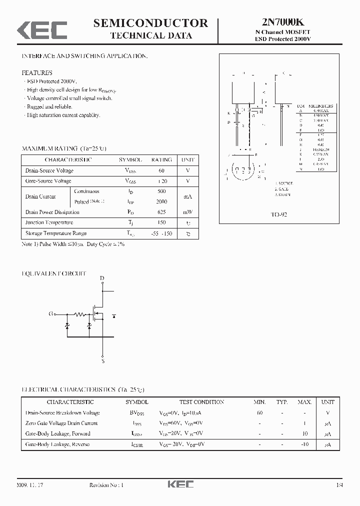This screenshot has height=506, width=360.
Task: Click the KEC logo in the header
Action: [x=42, y=29]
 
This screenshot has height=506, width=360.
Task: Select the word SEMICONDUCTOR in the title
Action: [x=150, y=22]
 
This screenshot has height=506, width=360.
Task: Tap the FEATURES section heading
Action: [x=37, y=72]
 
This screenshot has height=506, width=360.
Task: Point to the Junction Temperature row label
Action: [x=49, y=222]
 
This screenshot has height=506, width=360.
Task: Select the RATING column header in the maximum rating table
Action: [x=161, y=160]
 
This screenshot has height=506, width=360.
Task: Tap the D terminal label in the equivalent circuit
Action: [x=102, y=278]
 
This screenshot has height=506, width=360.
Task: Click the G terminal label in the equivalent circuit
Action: [x=50, y=314]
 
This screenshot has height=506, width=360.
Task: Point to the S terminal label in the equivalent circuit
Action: [x=103, y=360]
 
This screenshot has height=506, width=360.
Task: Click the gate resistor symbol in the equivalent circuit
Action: [x=79, y=314]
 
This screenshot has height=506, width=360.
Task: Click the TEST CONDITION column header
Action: [x=202, y=402]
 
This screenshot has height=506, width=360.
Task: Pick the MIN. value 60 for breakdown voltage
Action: [x=259, y=413]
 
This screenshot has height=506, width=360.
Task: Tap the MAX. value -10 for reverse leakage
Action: [x=305, y=444]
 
